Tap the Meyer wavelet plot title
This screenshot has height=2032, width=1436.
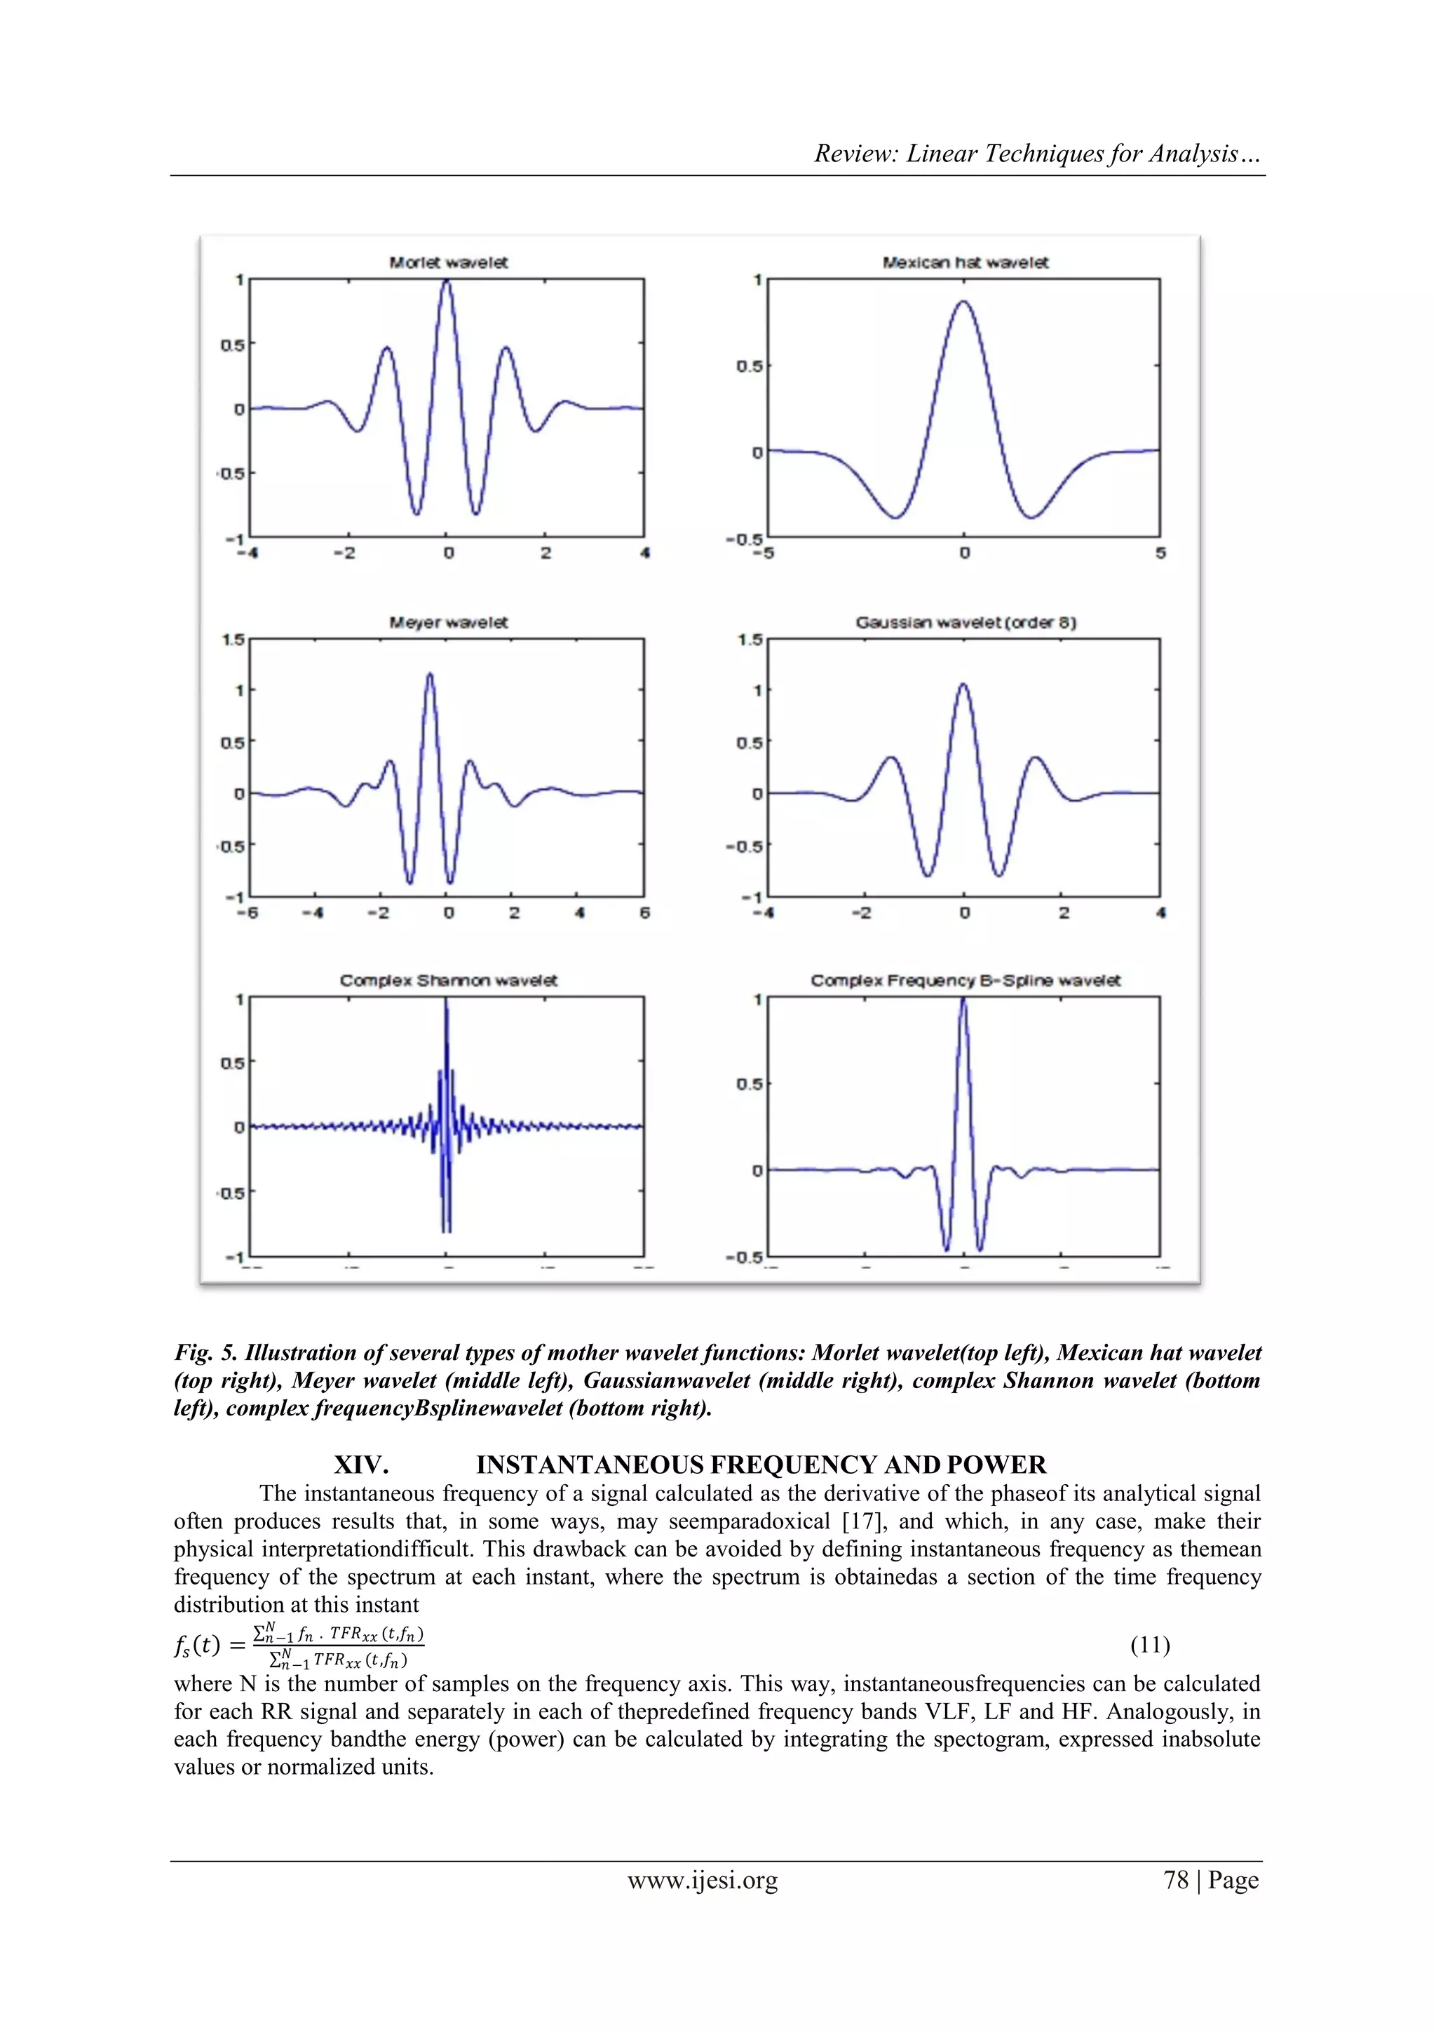click(x=449, y=622)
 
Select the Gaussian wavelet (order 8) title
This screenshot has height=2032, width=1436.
click(x=966, y=622)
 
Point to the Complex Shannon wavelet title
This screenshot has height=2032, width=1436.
click(x=449, y=981)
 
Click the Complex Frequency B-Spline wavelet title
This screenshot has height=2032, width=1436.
click(x=966, y=981)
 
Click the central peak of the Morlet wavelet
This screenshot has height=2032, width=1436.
click(x=447, y=283)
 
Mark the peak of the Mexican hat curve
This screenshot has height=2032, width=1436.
click(x=963, y=303)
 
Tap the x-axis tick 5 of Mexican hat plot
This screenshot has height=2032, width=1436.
click(x=1160, y=553)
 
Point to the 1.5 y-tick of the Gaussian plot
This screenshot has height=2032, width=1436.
click(x=750, y=640)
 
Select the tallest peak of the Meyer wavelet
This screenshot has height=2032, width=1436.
click(x=430, y=675)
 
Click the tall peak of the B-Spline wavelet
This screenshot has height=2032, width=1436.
click(x=963, y=1002)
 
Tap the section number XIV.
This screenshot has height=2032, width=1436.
click(x=361, y=1465)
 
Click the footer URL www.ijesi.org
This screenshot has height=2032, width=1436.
click(x=703, y=1880)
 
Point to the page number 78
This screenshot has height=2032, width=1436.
click(x=1176, y=1880)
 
